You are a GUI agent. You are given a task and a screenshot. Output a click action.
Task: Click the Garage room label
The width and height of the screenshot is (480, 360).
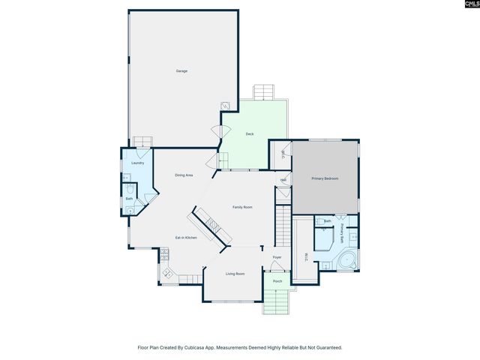click(x=181, y=71)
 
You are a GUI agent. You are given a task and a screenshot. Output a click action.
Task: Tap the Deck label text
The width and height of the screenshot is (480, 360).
click(x=250, y=134)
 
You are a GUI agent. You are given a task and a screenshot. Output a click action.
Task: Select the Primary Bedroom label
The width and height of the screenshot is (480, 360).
click(x=325, y=178)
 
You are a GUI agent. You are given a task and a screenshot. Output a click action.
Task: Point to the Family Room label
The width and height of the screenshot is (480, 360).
click(x=241, y=207)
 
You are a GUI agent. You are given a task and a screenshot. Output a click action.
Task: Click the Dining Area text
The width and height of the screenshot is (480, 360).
click(x=184, y=175)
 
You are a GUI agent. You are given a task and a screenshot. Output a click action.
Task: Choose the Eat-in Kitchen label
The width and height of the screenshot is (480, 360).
click(x=186, y=238)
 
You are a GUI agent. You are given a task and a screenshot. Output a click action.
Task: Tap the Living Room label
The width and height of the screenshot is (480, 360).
click(x=235, y=274)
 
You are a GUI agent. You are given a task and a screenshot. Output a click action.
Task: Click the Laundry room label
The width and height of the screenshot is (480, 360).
click(x=137, y=163)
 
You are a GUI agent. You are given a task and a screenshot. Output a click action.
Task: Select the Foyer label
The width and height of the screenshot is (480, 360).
click(x=277, y=257)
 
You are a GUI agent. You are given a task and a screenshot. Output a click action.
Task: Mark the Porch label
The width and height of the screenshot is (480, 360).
click(x=277, y=282)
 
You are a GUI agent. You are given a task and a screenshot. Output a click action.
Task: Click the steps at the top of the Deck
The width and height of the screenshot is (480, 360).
click(x=265, y=92)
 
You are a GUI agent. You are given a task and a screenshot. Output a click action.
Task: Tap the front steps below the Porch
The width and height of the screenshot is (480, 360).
click(x=275, y=304)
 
